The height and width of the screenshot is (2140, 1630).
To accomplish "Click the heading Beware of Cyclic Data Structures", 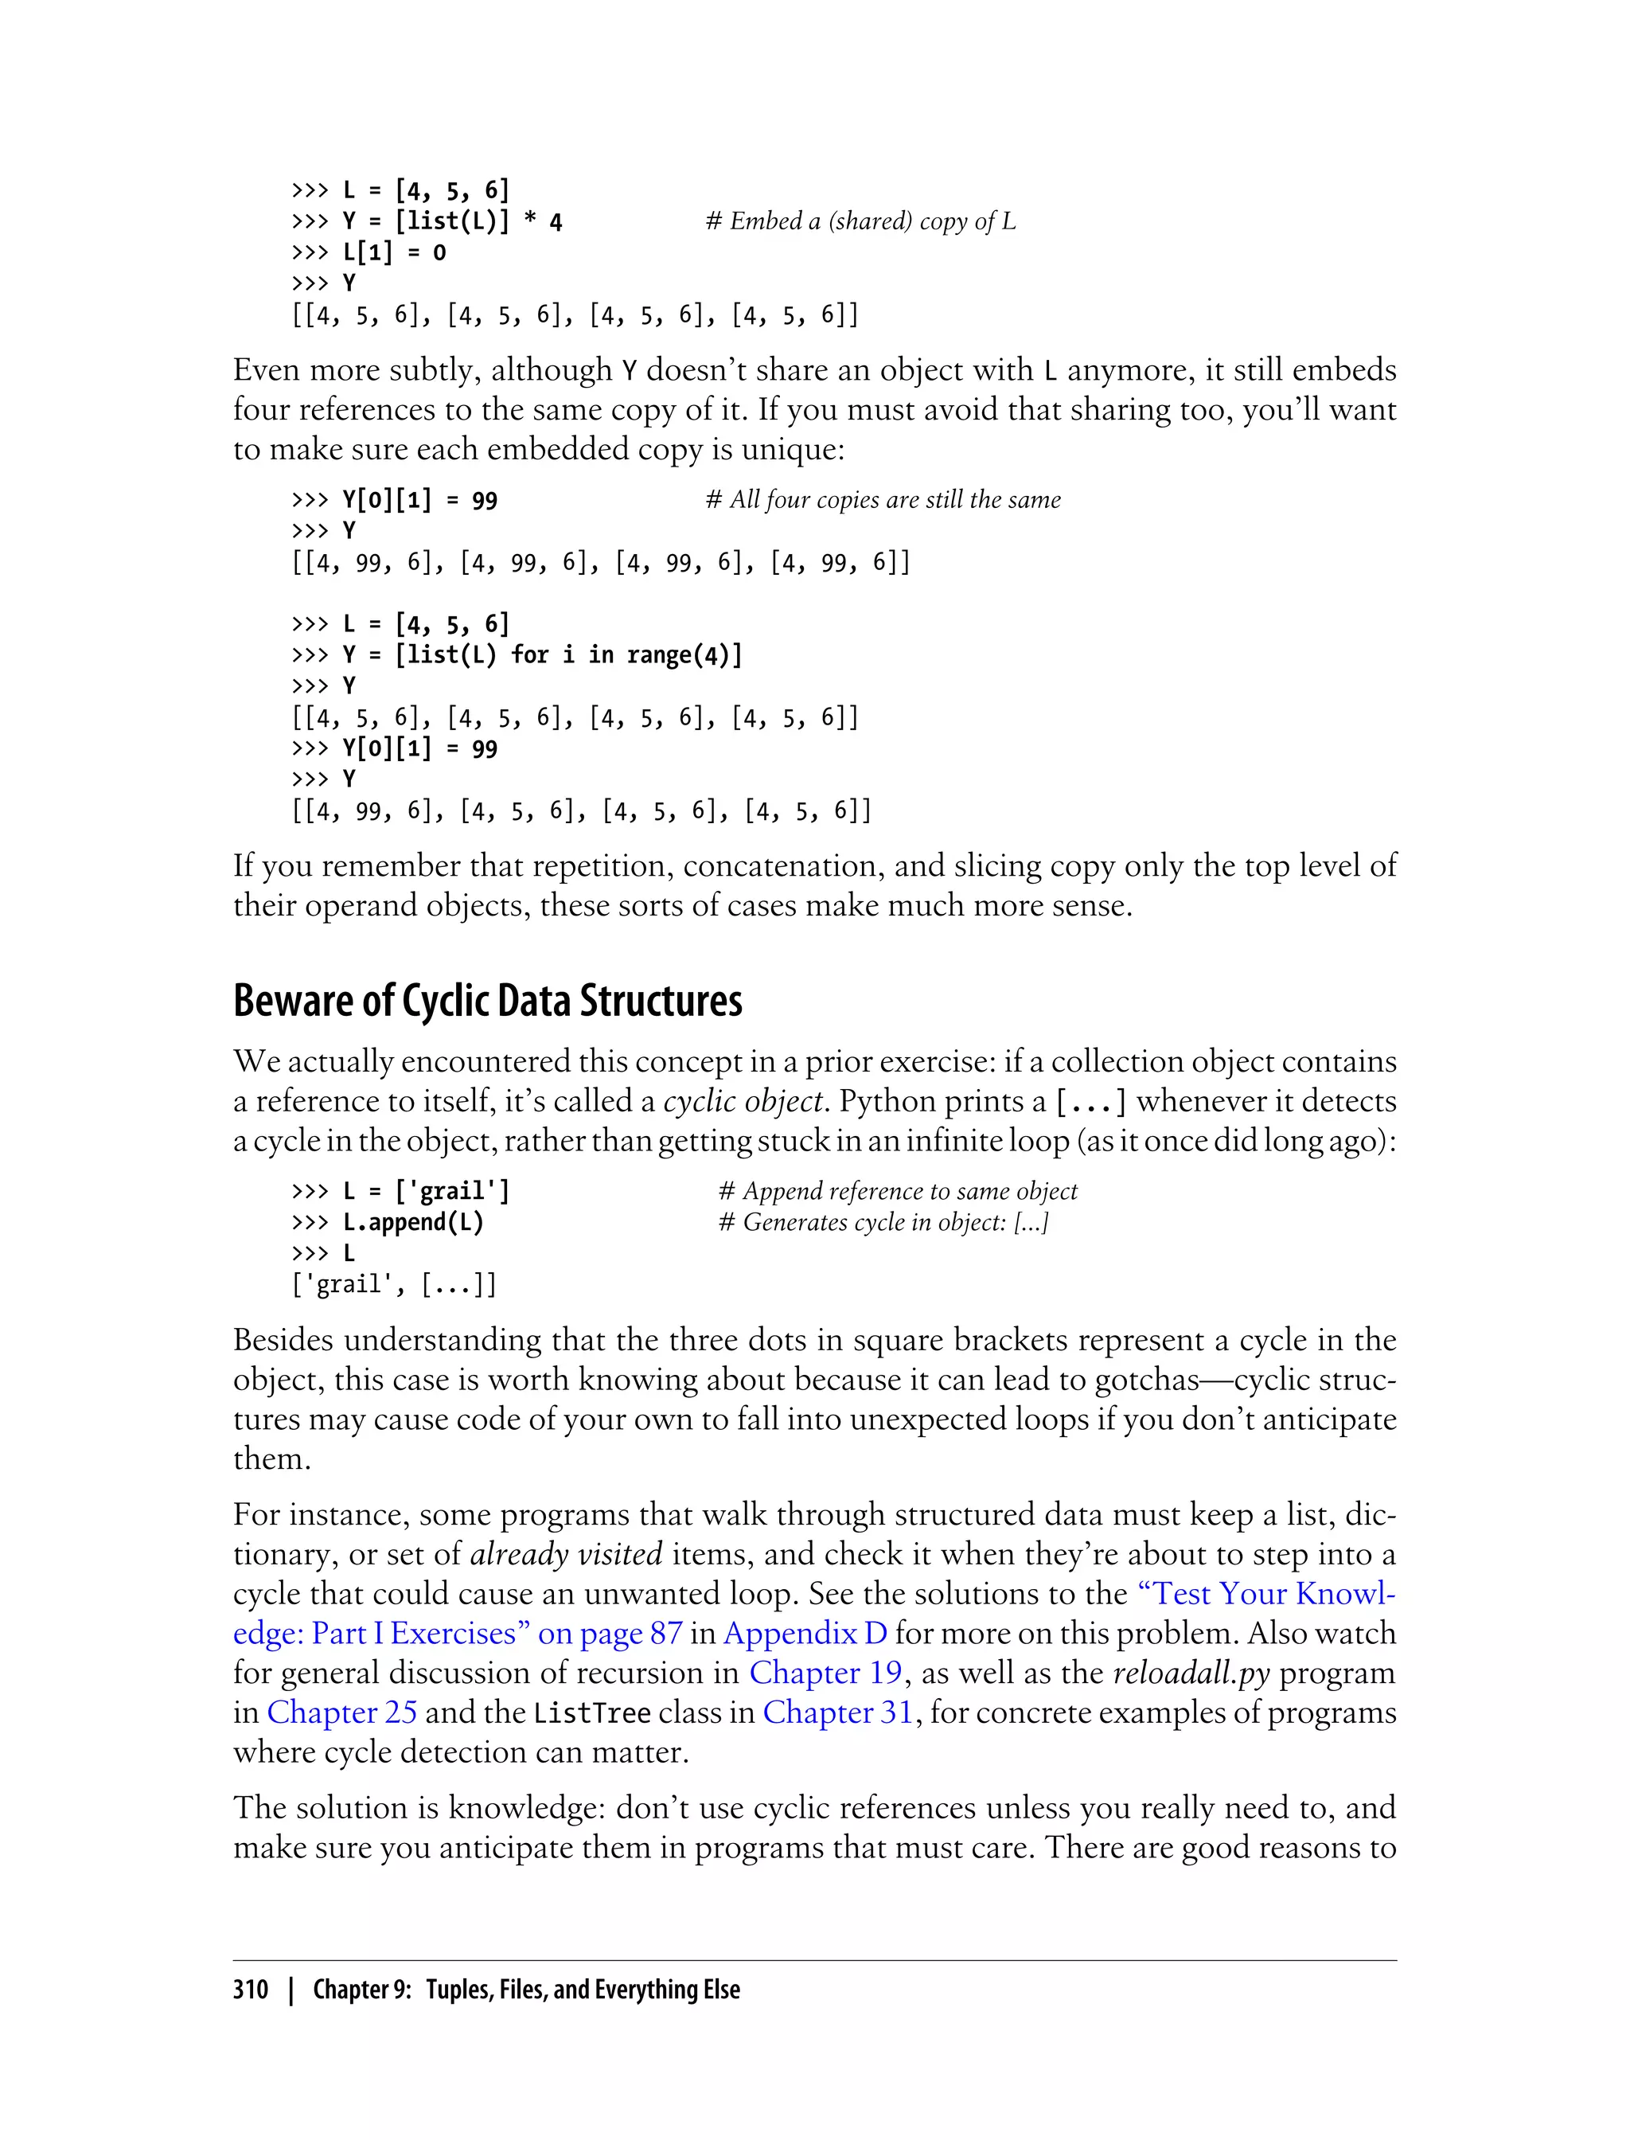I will pos(487,1002).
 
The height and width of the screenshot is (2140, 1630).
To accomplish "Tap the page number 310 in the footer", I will pos(251,1990).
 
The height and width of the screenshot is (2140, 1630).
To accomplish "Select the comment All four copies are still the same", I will pos(882,501).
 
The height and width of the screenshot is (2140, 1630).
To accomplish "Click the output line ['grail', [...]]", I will pos(394,1285).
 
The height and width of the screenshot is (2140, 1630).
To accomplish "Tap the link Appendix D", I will pos(805,1634).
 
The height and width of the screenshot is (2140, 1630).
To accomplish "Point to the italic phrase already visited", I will pos(566,1555).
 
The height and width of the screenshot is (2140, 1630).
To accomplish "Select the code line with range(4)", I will pos(517,656).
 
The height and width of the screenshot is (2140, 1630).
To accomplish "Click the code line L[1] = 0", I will pos(369,253).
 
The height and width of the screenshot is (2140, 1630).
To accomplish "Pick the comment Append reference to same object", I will pos(898,1192).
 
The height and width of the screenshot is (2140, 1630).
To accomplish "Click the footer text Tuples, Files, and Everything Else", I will pos(582,1990).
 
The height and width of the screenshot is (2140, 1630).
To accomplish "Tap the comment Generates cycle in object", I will pos(883,1223).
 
